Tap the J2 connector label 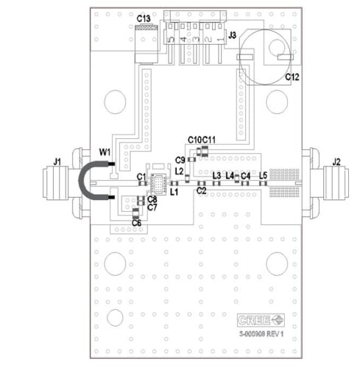(336, 162)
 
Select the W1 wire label (105, 153)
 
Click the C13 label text (144, 18)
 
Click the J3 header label (232, 34)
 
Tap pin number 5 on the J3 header (172, 38)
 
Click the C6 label (136, 223)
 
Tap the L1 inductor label (174, 192)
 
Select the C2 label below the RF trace (200, 191)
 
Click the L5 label (264, 175)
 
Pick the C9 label (180, 160)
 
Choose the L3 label (216, 175)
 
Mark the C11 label (209, 139)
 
